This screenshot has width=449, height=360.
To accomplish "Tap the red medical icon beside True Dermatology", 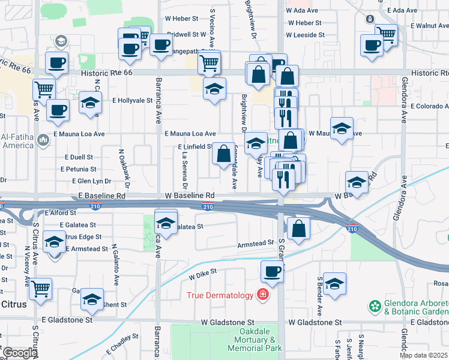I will click(262, 294).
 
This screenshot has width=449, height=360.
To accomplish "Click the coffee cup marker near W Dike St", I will click(273, 271).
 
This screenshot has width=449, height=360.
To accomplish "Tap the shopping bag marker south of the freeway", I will click(298, 228).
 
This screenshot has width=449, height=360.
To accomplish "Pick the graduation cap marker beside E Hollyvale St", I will click(89, 103).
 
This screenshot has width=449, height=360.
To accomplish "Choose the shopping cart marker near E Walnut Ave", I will click(386, 34).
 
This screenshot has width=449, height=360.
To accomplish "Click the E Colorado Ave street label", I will click(429, 106).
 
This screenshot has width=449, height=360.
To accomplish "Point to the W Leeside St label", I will click(306, 35).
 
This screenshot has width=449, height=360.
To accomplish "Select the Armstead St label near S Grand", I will click(256, 244).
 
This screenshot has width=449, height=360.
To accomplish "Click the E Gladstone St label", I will click(67, 320).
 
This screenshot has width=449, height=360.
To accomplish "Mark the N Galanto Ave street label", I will click(115, 264).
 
